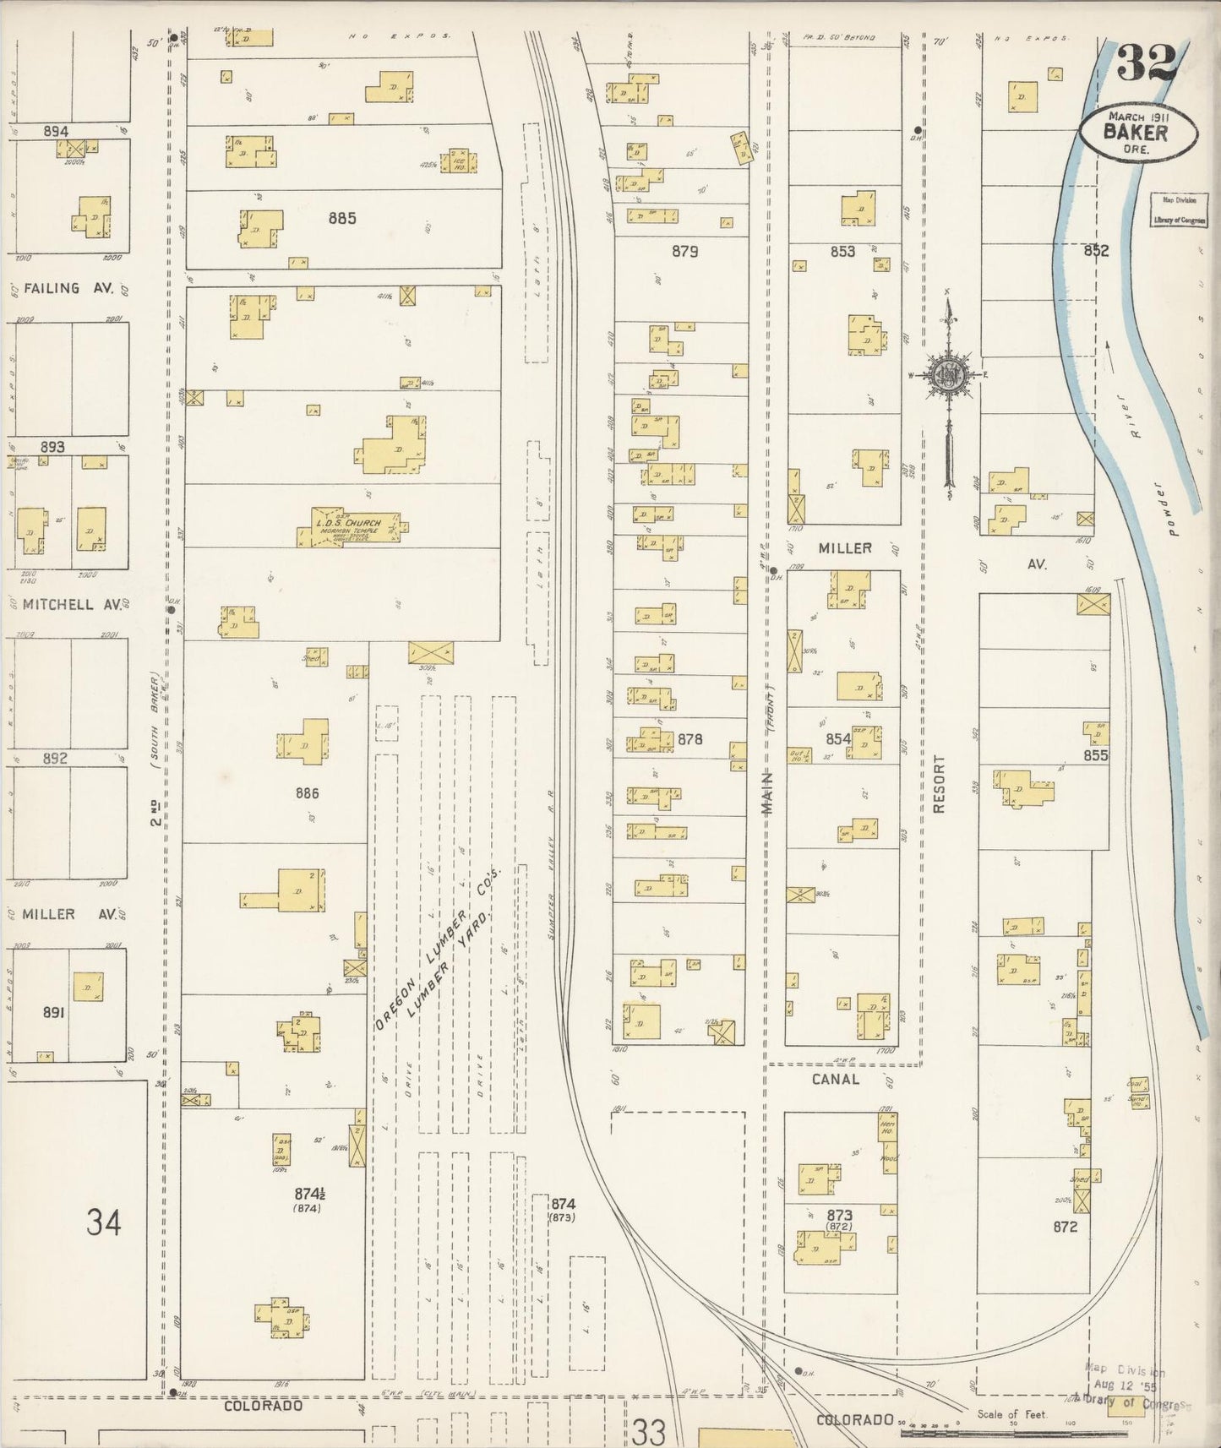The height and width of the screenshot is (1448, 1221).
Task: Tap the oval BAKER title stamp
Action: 1137,132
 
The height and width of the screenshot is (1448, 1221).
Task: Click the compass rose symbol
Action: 949,377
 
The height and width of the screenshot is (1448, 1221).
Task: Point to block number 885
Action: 342,219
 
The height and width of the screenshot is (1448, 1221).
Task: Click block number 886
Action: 308,793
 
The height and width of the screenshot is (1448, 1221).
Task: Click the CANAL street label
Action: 835,1079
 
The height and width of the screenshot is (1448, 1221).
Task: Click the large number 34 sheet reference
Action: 103,1222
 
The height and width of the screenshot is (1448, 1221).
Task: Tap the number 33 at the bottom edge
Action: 649,1431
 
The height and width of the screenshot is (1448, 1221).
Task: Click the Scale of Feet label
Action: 1011,1414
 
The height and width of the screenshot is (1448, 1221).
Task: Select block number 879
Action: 684,251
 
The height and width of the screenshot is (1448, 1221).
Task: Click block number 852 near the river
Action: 1096,251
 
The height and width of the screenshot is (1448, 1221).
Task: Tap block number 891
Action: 53,1012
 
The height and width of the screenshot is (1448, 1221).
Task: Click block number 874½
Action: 309,1195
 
